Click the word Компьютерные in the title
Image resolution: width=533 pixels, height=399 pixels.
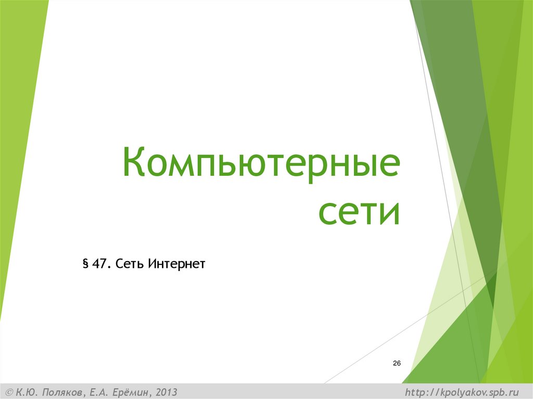click(x=261, y=163)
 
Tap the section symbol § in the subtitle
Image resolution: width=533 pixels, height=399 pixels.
click(x=85, y=264)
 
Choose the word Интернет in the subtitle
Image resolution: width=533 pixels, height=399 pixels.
click(x=176, y=264)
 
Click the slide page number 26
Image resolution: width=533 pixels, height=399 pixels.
click(x=397, y=363)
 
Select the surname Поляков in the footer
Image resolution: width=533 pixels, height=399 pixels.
click(x=61, y=392)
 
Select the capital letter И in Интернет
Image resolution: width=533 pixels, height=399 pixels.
click(x=151, y=264)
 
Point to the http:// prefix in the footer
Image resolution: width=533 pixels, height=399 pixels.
click(x=422, y=392)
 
